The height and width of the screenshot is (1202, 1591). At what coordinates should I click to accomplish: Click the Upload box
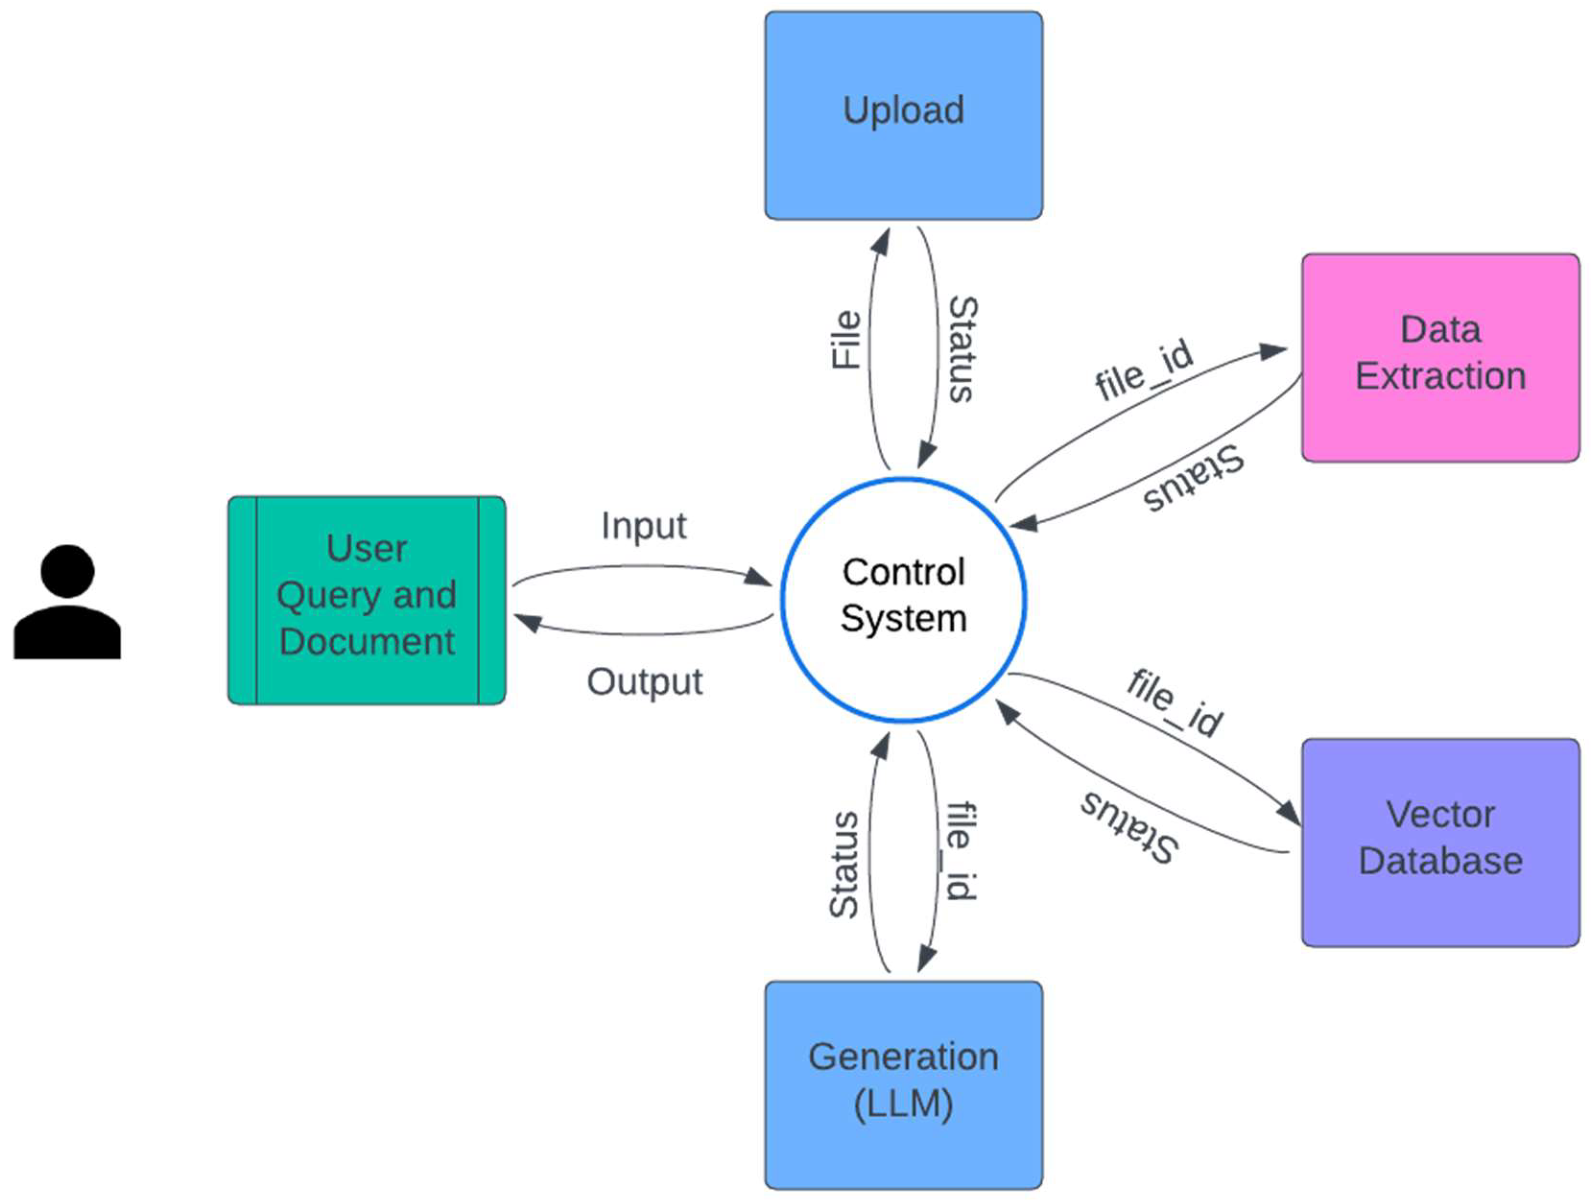[903, 115]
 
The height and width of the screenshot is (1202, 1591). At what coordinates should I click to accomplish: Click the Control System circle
[903, 599]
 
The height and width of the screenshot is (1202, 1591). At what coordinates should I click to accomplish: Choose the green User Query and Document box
[367, 599]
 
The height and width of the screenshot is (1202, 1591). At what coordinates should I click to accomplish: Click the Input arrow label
[644, 526]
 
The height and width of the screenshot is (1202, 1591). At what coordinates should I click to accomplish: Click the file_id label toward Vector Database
[1175, 703]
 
